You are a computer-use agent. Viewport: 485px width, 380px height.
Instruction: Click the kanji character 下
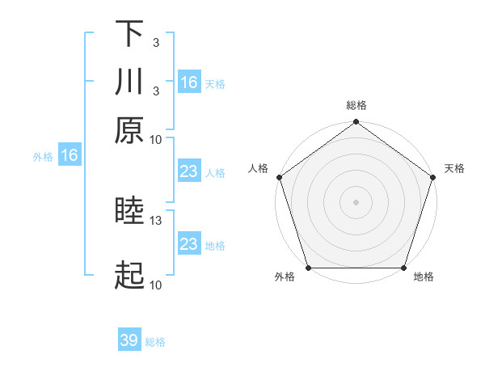[x=129, y=35]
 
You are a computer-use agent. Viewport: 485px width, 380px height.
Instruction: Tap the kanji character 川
[x=129, y=82]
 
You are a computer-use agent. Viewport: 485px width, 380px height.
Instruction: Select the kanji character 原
[x=129, y=131]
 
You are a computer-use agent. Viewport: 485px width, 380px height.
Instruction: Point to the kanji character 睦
[x=129, y=213]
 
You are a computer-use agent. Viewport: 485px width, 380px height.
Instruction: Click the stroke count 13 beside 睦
[x=156, y=220]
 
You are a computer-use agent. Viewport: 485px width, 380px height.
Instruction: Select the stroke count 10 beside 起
[x=156, y=284]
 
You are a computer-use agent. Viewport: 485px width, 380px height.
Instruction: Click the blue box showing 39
[x=129, y=340]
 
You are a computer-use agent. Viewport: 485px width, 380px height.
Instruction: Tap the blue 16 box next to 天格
[x=189, y=82]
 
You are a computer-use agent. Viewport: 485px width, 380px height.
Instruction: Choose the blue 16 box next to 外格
[x=70, y=156]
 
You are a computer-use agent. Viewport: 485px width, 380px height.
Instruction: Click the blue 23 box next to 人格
[x=189, y=172]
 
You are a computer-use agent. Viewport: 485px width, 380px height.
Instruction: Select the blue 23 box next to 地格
[x=189, y=244]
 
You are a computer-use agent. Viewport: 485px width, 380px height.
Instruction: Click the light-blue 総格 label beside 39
[x=155, y=342]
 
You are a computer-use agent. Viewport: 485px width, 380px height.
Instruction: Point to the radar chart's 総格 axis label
[x=356, y=105]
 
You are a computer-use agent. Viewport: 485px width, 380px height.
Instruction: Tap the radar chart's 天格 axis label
[x=455, y=168]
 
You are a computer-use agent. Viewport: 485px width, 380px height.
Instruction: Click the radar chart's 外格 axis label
[x=285, y=277]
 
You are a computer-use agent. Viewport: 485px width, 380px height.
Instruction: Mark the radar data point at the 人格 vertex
[x=279, y=177]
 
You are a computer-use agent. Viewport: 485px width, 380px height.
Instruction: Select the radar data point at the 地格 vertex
[x=404, y=268]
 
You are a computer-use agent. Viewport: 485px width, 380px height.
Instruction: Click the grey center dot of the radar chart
[x=356, y=201]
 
